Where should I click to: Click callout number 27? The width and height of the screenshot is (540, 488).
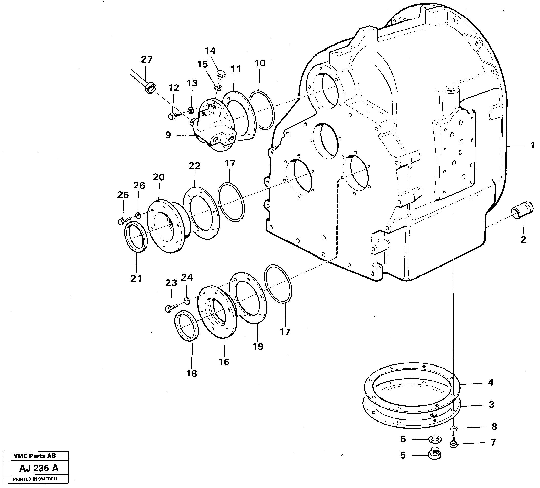pos(147,59)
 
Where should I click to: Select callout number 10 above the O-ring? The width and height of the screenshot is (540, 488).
pos(260,63)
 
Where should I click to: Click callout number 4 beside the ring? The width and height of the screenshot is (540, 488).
pos(490,382)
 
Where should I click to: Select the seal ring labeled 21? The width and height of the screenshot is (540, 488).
pos(136,237)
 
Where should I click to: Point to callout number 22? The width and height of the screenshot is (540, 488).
pos(194,166)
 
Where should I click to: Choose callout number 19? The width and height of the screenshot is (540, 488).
pos(258,347)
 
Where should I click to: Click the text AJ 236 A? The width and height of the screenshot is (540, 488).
pos(39,468)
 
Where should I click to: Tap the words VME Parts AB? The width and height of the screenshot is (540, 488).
pos(35,456)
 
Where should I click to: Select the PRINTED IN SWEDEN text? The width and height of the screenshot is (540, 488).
pos(35,479)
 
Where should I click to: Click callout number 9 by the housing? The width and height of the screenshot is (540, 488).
pos(168,135)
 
